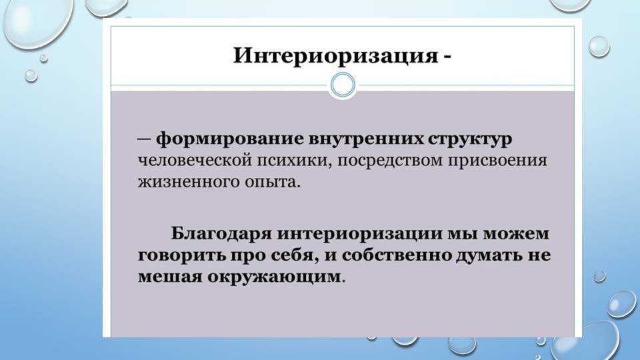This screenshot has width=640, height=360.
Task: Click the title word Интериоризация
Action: [335, 56]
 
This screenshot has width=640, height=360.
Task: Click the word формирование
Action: [230, 139]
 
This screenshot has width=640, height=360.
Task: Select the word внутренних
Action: [366, 139]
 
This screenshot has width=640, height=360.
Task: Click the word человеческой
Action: [195, 161]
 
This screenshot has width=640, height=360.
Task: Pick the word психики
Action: [293, 161]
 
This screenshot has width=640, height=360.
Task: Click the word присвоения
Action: [497, 161]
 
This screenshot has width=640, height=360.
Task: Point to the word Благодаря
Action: [221, 234]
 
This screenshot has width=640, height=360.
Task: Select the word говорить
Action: [182, 256]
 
